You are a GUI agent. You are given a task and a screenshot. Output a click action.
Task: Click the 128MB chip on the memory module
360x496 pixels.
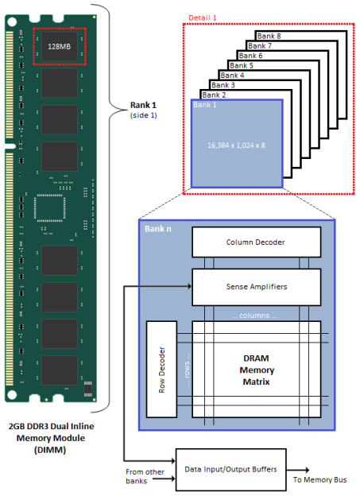[60, 45]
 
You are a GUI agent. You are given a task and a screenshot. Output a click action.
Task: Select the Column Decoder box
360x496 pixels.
[256, 242]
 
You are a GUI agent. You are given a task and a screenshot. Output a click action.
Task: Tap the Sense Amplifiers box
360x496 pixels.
[256, 284]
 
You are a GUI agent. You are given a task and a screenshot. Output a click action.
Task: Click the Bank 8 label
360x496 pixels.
[272, 36]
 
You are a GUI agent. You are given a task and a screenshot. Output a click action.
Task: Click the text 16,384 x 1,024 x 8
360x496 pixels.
[236, 145]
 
